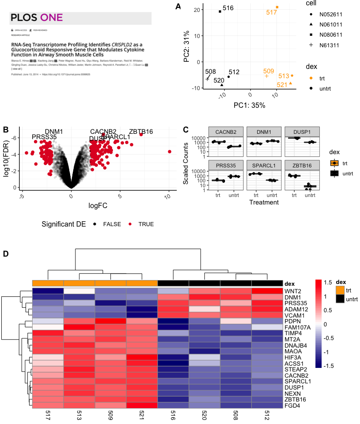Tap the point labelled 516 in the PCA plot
(220, 11)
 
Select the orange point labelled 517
(277, 7)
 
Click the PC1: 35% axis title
(250, 106)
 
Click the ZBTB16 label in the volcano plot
(141, 132)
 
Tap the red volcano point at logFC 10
(169, 151)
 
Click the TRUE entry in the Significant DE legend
(146, 224)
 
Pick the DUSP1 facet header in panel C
(297, 132)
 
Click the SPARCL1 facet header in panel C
(259, 165)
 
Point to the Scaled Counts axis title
(187, 164)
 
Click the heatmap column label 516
(173, 416)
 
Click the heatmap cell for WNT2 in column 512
(267, 291)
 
